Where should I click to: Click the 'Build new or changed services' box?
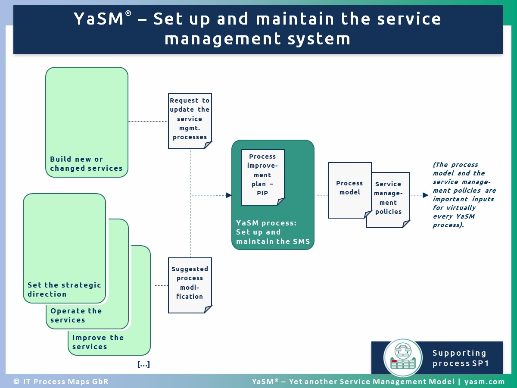click(x=87, y=122)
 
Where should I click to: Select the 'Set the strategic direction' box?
click(x=64, y=248)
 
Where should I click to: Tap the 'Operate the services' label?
click(x=76, y=315)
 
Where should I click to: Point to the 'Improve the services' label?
click(x=98, y=342)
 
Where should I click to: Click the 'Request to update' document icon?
click(x=190, y=121)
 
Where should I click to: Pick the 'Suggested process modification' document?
click(x=190, y=285)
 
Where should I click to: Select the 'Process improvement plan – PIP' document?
click(x=263, y=177)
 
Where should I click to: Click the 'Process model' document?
click(x=349, y=190)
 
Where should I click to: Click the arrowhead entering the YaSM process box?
click(x=229, y=195)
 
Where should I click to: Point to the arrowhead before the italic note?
click(x=425, y=195)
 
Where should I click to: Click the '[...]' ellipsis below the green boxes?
click(x=143, y=364)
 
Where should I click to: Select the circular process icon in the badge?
click(x=403, y=357)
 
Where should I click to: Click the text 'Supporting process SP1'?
click(x=460, y=358)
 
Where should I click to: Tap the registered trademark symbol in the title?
click(x=128, y=13)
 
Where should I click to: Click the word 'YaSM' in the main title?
click(x=99, y=19)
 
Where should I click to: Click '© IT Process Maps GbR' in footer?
click(x=61, y=382)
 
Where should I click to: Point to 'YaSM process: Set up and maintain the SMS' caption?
click(x=273, y=232)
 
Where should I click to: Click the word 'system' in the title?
click(x=319, y=39)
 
